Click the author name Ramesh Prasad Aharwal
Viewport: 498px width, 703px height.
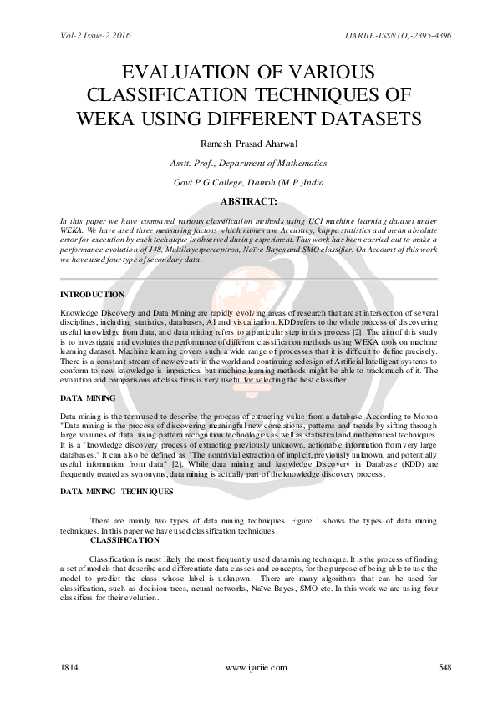249,144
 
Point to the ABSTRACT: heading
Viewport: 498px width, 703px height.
249,201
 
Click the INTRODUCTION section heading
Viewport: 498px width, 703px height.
93,295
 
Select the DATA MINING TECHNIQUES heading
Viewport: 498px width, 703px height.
117,491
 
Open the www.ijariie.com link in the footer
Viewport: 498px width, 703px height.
257,667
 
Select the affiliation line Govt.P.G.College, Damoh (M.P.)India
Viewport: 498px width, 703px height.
249,182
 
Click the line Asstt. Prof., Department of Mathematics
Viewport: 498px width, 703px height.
248,164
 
